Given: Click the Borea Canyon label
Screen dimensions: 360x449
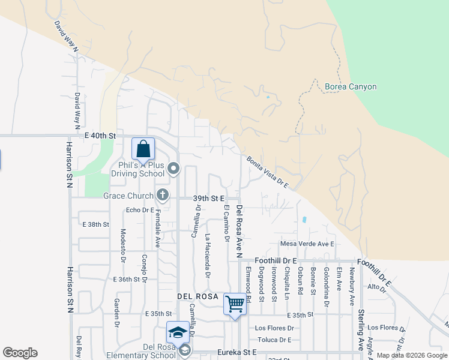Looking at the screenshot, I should [x=351, y=87].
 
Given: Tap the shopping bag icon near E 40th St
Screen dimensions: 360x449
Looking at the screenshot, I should [x=143, y=148].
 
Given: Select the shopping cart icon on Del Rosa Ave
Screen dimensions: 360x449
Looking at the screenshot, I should [x=235, y=303].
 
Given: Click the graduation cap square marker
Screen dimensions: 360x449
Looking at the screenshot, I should [x=178, y=332].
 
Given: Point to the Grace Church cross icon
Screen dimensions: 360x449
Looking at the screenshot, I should [x=162, y=194].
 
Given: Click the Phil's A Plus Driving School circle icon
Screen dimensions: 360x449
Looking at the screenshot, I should [x=173, y=169].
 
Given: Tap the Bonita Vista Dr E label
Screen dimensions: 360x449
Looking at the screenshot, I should [x=268, y=172].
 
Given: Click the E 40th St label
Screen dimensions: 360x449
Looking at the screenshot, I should [x=99, y=137].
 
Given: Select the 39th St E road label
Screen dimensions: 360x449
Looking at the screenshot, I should [x=208, y=198].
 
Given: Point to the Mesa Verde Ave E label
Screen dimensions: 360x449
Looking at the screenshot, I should [x=307, y=244].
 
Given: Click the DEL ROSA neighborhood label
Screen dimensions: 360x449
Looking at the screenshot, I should [x=196, y=297].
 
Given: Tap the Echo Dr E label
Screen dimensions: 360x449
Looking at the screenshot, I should [x=140, y=210].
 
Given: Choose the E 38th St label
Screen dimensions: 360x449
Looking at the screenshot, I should [x=95, y=224].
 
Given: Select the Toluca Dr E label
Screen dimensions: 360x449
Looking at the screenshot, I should [x=274, y=340].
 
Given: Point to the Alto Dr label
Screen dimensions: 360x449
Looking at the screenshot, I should [x=376, y=287].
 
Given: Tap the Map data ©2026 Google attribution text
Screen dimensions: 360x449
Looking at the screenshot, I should [x=411, y=355].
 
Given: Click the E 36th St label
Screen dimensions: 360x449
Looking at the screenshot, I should [x=130, y=280].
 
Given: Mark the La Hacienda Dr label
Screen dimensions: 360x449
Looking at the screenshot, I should [x=208, y=256].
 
